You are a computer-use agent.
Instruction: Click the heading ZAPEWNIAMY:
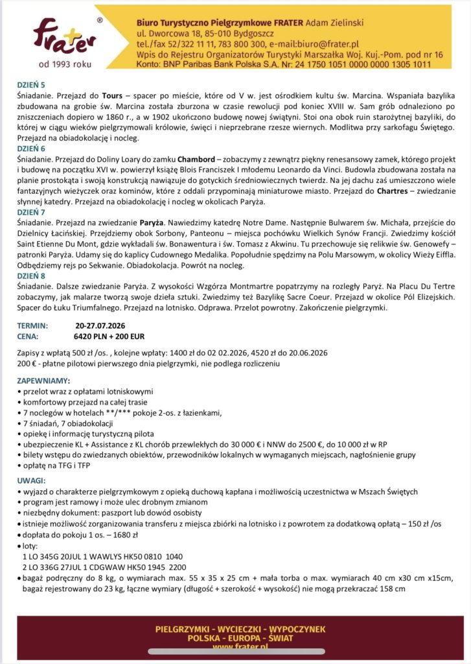pyautogui.click(x=44, y=381)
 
